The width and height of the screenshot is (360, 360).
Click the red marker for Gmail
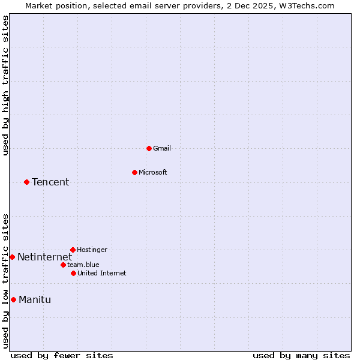(x=149, y=148)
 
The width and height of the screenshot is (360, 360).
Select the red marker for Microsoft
(x=134, y=172)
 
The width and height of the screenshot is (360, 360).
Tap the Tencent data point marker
(x=26, y=182)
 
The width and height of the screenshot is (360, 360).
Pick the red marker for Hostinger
(x=73, y=250)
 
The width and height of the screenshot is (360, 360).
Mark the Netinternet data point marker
(x=12, y=257)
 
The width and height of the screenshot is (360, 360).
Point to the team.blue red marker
(x=63, y=265)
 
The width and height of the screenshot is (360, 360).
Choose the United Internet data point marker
(x=73, y=273)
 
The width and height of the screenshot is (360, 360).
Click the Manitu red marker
(x=13, y=299)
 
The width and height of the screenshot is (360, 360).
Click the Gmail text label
(x=162, y=148)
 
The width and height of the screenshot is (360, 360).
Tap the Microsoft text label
(x=153, y=172)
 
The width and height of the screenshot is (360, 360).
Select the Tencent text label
(x=50, y=182)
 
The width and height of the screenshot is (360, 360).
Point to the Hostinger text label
(x=92, y=250)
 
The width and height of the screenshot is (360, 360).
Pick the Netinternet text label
(x=44, y=257)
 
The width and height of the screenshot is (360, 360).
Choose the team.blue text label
(x=83, y=265)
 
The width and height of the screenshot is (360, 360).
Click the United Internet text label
(x=102, y=273)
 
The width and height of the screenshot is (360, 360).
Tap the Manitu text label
(x=35, y=300)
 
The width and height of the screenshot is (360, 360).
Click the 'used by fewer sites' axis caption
(x=62, y=355)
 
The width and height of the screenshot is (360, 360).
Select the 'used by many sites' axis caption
(x=301, y=355)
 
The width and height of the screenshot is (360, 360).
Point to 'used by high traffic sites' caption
(x=6, y=85)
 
